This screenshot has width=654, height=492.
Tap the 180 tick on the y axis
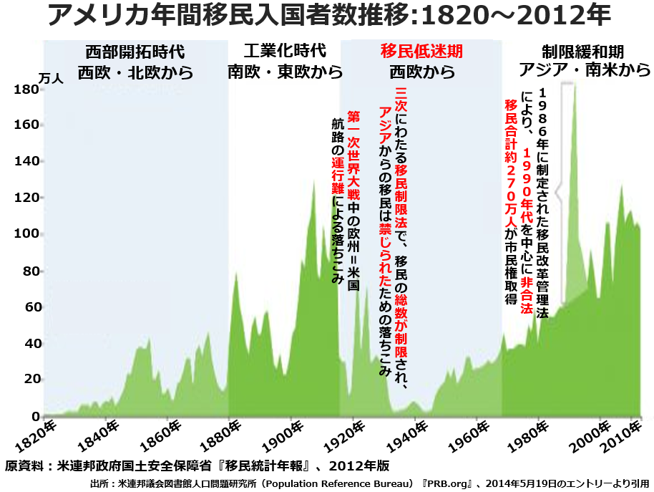click(x=26, y=90)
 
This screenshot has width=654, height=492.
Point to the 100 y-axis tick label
click(x=26, y=234)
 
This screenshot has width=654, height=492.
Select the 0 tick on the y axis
click(x=34, y=416)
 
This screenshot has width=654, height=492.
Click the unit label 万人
click(x=51, y=79)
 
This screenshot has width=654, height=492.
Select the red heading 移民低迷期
click(x=421, y=52)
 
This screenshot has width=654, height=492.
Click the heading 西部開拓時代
click(x=135, y=52)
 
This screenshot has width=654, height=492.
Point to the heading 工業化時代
click(x=284, y=52)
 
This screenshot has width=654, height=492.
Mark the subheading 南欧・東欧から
click(x=285, y=72)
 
